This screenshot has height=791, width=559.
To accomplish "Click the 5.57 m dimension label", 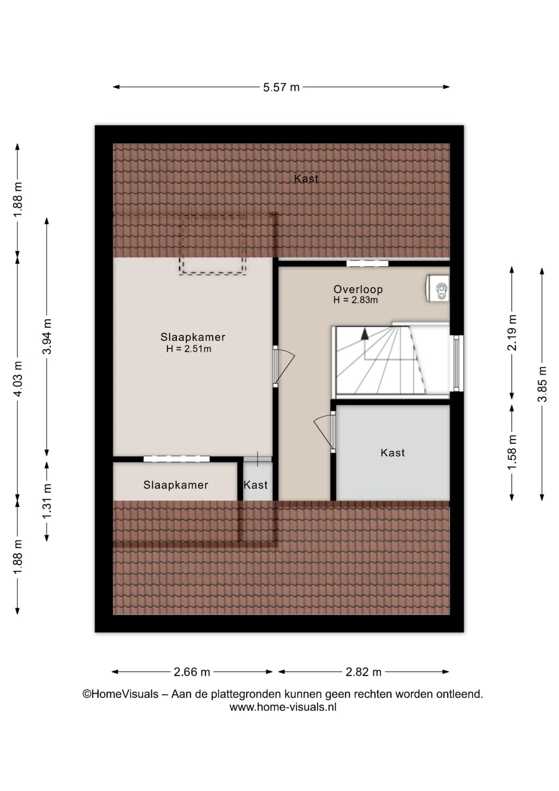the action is click(281, 87).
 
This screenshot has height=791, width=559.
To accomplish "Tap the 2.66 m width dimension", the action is click(192, 672).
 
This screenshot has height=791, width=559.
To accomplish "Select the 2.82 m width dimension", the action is click(363, 672).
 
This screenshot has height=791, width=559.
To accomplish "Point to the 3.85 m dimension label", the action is click(542, 384).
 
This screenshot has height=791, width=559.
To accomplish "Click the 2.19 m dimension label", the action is click(512, 332).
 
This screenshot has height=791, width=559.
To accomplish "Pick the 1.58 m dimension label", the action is click(512, 452).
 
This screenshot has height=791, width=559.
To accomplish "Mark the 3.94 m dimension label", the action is click(47, 336).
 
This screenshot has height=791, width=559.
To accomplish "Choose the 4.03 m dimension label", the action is click(18, 379).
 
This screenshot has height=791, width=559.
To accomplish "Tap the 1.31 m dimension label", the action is click(47, 501).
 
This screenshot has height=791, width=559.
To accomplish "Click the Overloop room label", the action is click(358, 289).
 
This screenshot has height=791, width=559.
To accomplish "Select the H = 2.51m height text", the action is click(189, 349).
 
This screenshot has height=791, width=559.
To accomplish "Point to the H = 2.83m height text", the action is click(356, 300).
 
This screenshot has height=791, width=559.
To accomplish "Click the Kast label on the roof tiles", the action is click(306, 178).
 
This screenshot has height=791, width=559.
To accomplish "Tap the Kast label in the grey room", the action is click(393, 453).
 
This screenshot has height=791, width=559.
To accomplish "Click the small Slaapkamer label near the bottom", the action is click(176, 485).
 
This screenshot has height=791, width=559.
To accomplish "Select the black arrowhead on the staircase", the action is click(364, 334).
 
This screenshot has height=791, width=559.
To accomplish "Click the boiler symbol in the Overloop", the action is click(438, 288).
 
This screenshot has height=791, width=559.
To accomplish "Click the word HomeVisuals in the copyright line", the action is click(125, 694).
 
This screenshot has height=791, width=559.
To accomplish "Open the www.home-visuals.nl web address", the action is click(283, 707).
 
